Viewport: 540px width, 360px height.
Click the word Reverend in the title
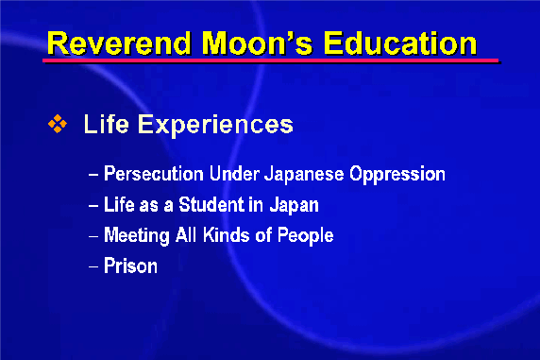[x=119, y=43]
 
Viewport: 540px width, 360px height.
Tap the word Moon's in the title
[x=257, y=43]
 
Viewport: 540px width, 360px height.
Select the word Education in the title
[x=400, y=43]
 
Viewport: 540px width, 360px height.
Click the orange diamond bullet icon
[x=58, y=124]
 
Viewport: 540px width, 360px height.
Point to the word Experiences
[x=215, y=125]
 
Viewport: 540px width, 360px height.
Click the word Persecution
[x=154, y=173]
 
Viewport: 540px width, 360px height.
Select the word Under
[x=234, y=173]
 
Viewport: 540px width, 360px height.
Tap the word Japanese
[x=304, y=174]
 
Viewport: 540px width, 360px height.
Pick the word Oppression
[x=397, y=174]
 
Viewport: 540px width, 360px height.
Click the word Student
[x=211, y=204]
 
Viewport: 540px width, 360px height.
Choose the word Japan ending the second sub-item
[x=295, y=205]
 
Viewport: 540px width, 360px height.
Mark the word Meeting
[x=137, y=235]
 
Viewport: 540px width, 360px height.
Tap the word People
[x=306, y=235]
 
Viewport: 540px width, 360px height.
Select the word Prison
[x=130, y=266]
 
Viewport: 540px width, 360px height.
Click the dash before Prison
[x=93, y=266]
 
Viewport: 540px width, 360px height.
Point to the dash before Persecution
[x=93, y=175]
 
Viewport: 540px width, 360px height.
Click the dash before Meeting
[x=93, y=236]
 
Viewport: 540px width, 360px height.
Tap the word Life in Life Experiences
[x=107, y=124]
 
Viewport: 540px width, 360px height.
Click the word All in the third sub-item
[x=186, y=235]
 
